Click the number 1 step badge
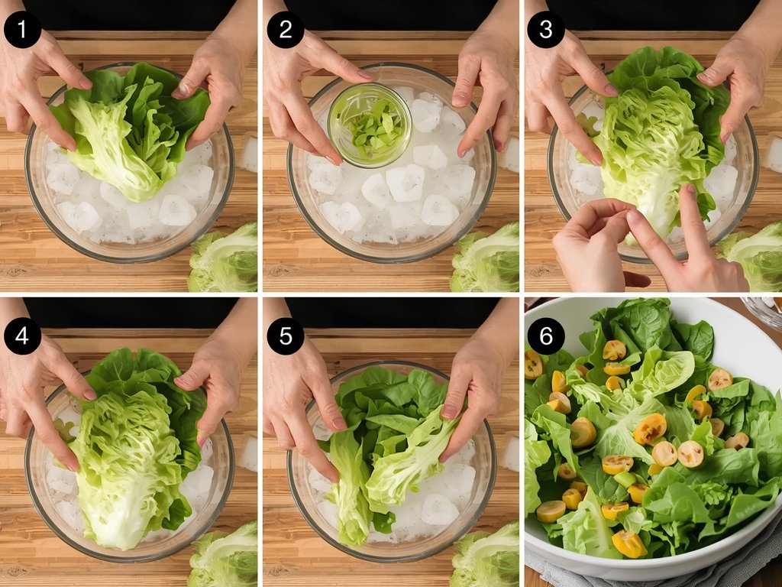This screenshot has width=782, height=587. pos(22,30)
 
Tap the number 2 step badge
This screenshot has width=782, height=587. pos(285,30)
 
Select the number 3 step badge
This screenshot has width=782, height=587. pos(546,30)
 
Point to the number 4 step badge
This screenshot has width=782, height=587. pos(22,336)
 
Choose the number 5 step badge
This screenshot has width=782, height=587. pos(285,336)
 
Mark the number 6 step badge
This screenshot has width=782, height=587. pos(546,336)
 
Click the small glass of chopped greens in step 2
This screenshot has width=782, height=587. pos(370,125)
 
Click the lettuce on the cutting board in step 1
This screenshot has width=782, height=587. pos(225,260)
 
